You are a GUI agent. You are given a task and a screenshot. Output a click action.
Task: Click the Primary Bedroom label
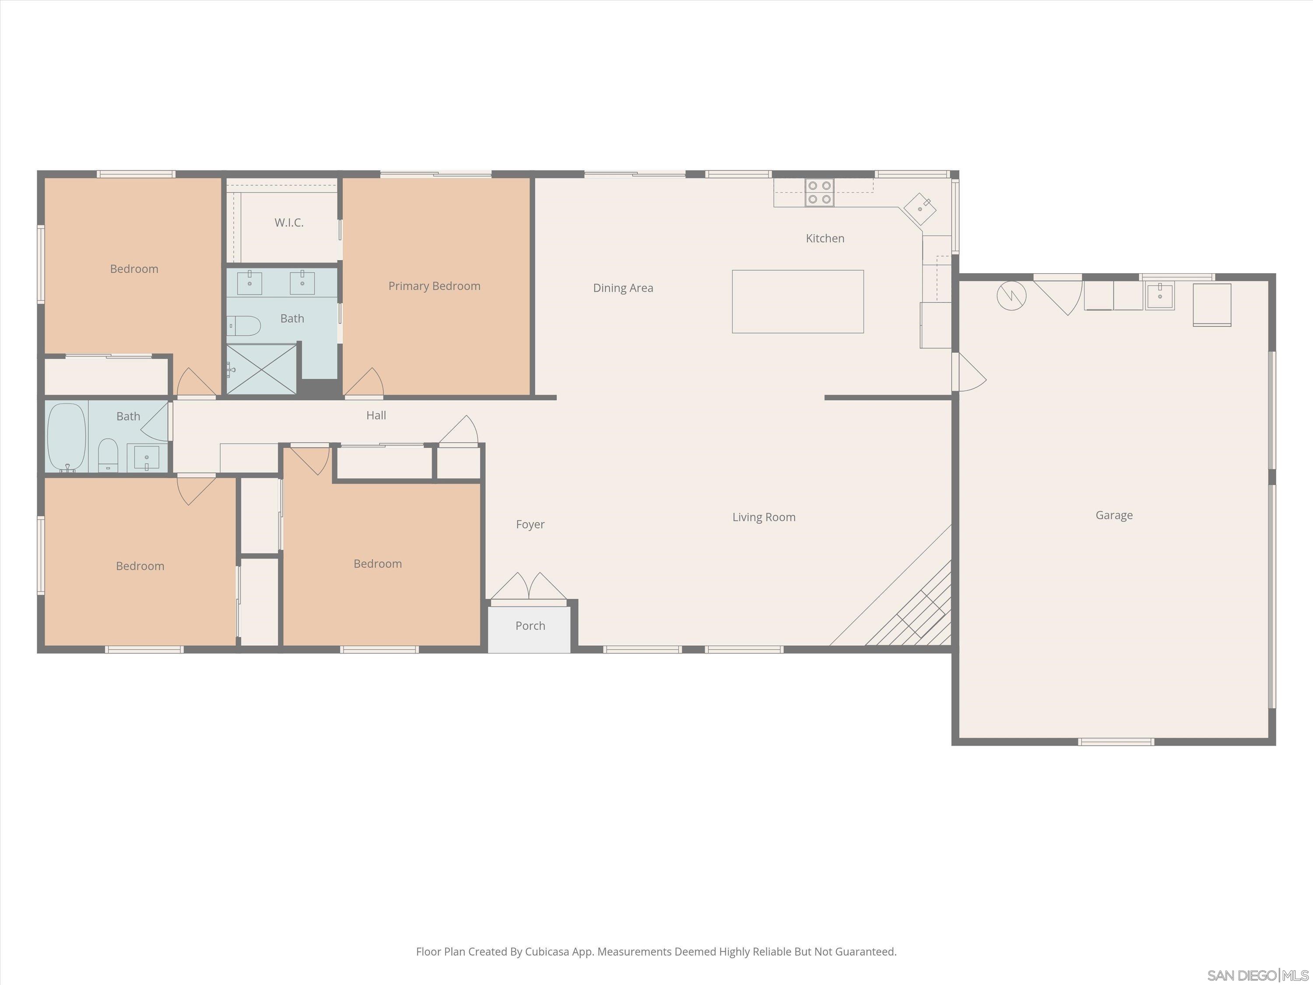434,286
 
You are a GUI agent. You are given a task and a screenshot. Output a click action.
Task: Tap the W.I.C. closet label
289,223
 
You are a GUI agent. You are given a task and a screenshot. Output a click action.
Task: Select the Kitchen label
825,238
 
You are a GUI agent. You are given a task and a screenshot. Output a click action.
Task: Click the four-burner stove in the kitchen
819,192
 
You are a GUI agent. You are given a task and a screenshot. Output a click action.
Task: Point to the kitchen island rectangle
797,301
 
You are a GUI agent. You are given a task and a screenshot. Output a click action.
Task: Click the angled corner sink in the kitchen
920,208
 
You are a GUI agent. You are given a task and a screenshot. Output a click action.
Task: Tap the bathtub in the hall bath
67,437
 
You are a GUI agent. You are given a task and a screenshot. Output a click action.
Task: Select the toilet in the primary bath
245,325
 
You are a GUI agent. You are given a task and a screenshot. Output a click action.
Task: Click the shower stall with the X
262,369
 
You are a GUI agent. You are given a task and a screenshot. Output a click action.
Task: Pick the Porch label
530,626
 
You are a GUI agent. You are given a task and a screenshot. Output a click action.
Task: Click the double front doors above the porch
528,587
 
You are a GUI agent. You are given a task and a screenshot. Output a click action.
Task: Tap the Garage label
1113,515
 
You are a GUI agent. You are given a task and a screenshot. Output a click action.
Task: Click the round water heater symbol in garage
1011,295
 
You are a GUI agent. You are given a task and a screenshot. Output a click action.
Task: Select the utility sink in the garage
1159,295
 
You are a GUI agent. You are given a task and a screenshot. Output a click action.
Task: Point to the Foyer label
530,524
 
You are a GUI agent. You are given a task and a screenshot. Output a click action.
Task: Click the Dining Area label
623,288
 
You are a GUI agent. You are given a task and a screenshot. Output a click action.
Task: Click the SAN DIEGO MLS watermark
1257,975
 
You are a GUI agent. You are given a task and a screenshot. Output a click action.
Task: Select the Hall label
376,415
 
